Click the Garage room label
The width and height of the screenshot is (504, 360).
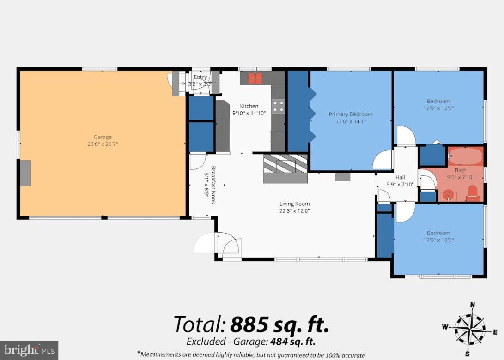tap(103, 137)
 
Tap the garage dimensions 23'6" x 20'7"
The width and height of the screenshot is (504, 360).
tap(103, 144)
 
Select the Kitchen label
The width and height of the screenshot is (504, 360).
tap(249, 106)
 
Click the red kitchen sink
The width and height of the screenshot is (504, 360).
tap(255, 78)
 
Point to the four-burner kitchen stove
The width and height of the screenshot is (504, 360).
tap(278, 106)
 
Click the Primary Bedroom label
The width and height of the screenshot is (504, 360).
tap(350, 114)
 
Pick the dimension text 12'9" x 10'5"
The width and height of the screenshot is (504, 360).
tap(438, 108)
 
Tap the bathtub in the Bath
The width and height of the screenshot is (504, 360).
tap(465, 157)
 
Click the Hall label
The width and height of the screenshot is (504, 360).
tap(400, 177)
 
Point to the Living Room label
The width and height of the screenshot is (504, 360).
tap(294, 204)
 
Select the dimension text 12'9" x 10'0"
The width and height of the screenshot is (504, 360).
tap(438, 240)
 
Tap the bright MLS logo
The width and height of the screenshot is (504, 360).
tap(29, 349)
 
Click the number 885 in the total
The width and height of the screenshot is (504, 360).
tap(249, 324)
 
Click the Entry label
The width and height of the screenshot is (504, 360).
tap(200, 77)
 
